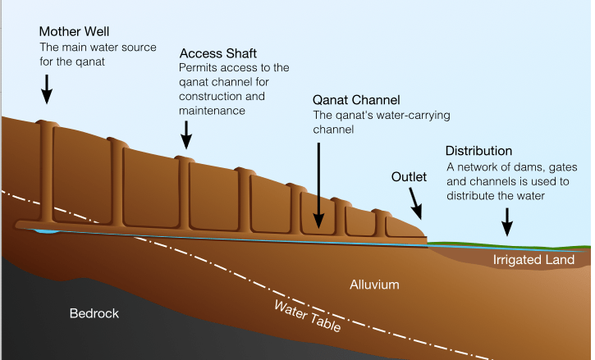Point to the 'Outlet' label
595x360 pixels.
coord(409,177)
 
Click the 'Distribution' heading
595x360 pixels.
coord(479,151)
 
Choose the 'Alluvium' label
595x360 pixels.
coord(374,285)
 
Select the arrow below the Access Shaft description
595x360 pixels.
coord(187,133)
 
